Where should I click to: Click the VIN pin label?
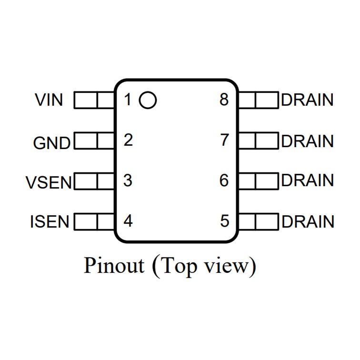click(49, 100)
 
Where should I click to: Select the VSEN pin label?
click(49, 182)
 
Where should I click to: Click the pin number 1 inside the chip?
click(127, 100)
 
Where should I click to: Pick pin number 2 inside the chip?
click(128, 140)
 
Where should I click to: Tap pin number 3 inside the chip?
click(128, 181)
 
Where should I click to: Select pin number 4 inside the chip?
click(128, 221)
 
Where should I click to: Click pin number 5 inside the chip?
click(224, 221)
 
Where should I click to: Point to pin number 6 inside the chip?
click(224, 181)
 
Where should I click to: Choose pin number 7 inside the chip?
click(224, 140)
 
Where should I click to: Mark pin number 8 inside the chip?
click(224, 100)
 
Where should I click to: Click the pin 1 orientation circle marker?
click(148, 100)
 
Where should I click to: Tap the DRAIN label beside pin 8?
click(307, 100)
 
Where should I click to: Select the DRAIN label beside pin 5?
click(307, 222)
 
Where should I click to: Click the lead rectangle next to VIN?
click(95, 100)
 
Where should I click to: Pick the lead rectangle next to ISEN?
click(95, 222)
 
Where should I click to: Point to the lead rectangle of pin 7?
click(258, 141)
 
